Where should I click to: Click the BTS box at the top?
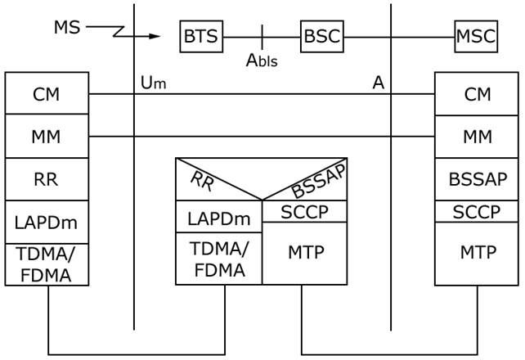(x=201, y=37)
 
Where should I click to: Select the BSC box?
(x=321, y=37)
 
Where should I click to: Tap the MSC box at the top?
(x=477, y=37)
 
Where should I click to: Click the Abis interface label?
(x=262, y=60)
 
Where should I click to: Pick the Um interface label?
(x=153, y=83)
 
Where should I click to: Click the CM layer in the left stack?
(x=47, y=94)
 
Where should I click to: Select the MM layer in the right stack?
(x=478, y=137)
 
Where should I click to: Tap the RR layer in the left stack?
(x=47, y=179)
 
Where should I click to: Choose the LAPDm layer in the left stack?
(x=47, y=222)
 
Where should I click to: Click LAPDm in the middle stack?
(x=218, y=218)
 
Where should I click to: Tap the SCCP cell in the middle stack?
(x=304, y=211)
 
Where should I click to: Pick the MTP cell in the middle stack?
(x=304, y=253)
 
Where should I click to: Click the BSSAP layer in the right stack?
(x=478, y=179)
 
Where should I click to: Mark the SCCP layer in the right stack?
(x=478, y=211)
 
